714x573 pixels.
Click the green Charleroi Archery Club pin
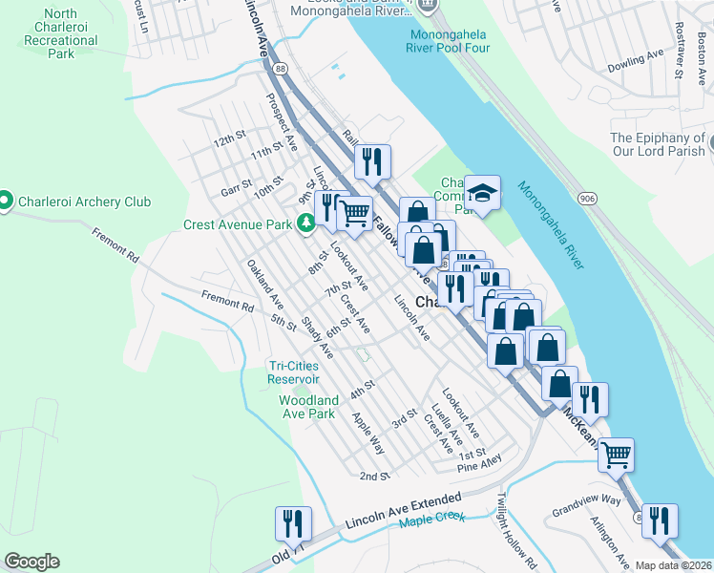pos(6,202)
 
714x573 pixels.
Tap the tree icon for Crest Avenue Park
pos(306,224)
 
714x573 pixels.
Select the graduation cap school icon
pos(483,195)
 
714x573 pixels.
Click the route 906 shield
pos(585,196)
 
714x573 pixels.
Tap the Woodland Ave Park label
pos(306,407)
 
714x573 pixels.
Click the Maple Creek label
pos(431,517)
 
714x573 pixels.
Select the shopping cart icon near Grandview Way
pos(617,456)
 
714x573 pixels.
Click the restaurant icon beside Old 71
pos(293,525)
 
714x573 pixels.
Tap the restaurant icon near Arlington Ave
pos(660,522)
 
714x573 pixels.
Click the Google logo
pos(31,562)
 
